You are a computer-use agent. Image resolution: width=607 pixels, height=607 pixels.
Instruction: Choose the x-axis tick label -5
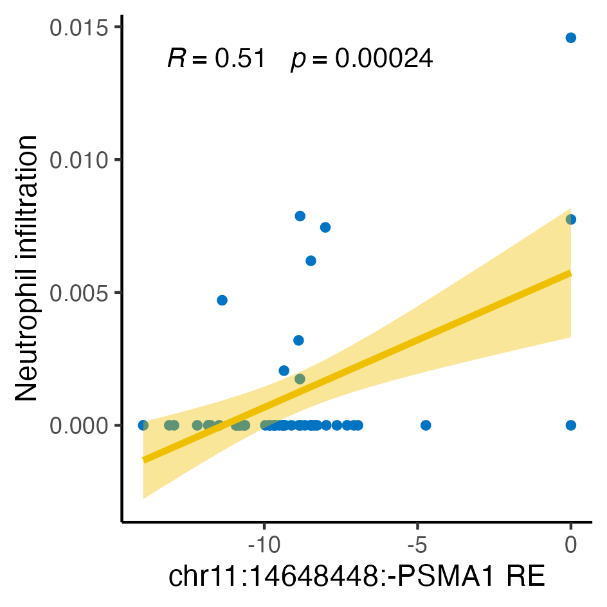click(417, 545)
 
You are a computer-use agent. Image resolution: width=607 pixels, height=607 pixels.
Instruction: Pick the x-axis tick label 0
click(570, 545)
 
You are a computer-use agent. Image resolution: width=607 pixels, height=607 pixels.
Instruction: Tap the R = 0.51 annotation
click(216, 59)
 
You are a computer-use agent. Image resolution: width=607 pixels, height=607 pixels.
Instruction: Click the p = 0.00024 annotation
click(362, 59)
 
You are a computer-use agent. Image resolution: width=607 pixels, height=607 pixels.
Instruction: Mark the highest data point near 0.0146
click(570, 38)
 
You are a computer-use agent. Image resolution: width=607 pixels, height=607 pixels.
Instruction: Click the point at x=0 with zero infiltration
click(570, 425)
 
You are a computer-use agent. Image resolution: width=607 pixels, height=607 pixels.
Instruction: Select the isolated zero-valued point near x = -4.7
click(426, 425)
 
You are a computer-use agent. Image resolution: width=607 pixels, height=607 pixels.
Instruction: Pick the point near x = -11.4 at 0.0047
click(222, 300)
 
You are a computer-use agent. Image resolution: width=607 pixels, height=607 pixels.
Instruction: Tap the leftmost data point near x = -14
click(143, 425)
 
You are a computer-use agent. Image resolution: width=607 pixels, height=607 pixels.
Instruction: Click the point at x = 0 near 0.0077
click(570, 219)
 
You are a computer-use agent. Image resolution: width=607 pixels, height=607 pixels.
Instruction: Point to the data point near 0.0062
click(311, 260)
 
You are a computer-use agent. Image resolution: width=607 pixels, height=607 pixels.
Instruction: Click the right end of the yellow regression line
click(569, 273)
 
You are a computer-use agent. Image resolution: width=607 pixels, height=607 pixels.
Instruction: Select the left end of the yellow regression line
click(145, 459)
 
